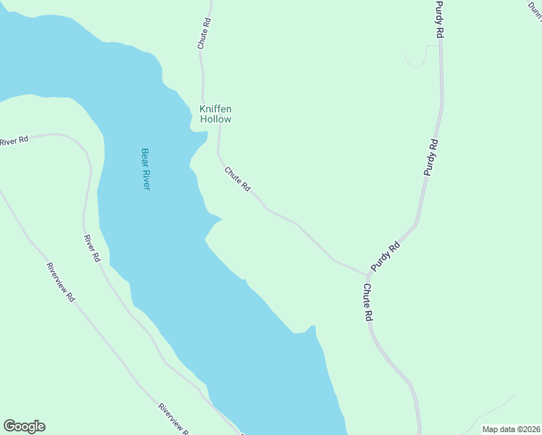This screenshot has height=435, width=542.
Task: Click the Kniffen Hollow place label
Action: [215, 114]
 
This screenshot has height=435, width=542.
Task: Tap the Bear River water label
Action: [145, 169]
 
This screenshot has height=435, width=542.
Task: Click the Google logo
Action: [24, 426]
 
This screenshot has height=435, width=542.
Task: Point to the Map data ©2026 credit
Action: [511, 429]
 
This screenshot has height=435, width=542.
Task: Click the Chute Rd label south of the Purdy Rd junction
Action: [367, 302]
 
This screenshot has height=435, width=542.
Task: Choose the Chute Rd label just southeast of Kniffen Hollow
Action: [238, 179]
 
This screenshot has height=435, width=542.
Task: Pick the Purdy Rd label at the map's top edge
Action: [439, 20]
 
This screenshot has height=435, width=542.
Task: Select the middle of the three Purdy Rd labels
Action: [431, 157]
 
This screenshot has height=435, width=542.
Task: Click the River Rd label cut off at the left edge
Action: [14, 140]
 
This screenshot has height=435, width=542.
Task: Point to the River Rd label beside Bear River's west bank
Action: [91, 249]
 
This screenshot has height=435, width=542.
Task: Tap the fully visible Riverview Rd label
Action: [61, 281]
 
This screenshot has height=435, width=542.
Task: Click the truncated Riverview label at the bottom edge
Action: [174, 419]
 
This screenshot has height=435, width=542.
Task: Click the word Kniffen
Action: [215, 109]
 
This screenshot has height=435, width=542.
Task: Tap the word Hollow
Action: [215, 119]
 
